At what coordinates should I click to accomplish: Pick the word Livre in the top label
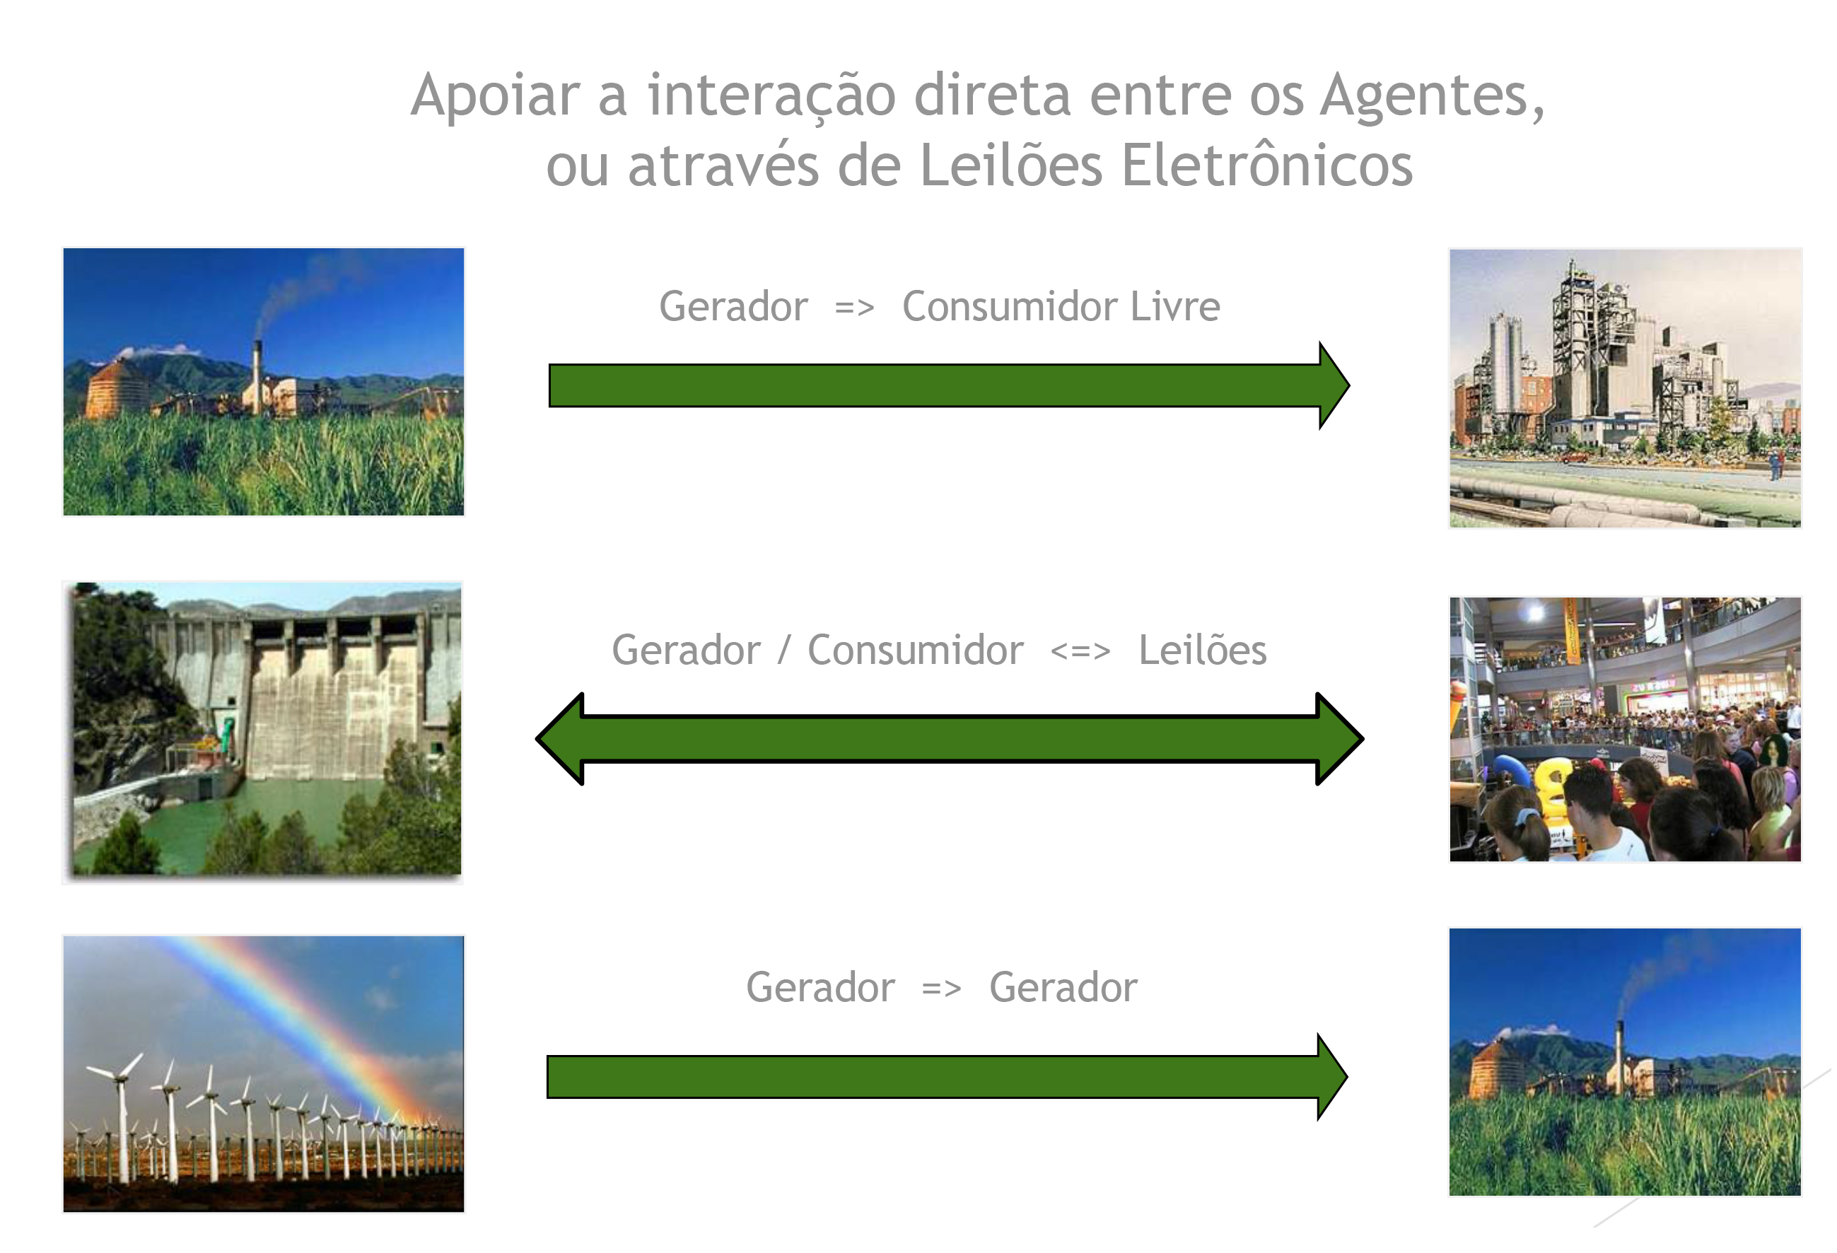tap(1175, 307)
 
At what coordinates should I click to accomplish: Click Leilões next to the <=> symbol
tap(1202, 651)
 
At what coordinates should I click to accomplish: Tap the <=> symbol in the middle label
tap(1080, 652)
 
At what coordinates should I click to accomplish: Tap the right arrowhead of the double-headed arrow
tap(1340, 739)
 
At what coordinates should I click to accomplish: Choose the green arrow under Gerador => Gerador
tap(947, 1077)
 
